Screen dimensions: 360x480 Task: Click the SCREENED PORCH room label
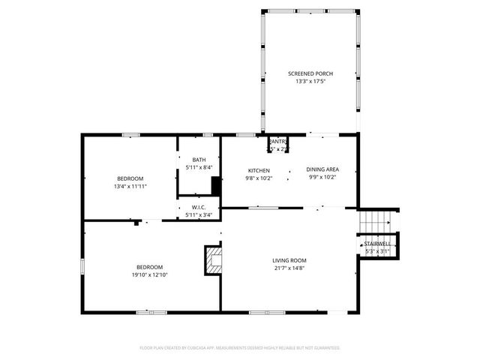pyautogui.click(x=310, y=73)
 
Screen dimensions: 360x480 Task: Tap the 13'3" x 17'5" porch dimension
pyautogui.click(x=310, y=81)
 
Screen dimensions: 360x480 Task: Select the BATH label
pyautogui.click(x=199, y=160)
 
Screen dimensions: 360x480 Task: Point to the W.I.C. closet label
pyautogui.click(x=199, y=208)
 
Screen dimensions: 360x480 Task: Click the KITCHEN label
pyautogui.click(x=259, y=170)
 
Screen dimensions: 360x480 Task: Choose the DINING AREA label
pyautogui.click(x=322, y=170)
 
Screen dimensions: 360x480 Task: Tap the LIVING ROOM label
pyautogui.click(x=289, y=260)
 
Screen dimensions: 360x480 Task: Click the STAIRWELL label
pyautogui.click(x=377, y=244)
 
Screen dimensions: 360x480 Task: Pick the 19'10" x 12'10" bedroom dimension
pyautogui.click(x=150, y=274)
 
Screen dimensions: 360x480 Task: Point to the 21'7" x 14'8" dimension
pyautogui.click(x=289, y=268)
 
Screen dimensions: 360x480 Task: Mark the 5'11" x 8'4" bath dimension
pyautogui.click(x=199, y=167)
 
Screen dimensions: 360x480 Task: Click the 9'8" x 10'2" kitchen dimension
pyautogui.click(x=259, y=178)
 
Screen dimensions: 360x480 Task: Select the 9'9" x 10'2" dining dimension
pyautogui.click(x=322, y=178)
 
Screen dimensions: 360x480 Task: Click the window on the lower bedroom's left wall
pyautogui.click(x=82, y=266)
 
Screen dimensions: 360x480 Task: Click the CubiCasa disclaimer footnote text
pyautogui.click(x=240, y=348)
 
